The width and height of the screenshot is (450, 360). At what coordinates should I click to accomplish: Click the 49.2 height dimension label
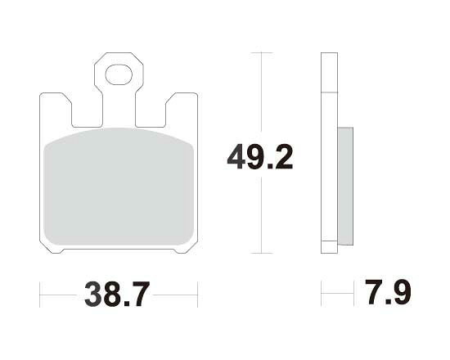tap(260, 157)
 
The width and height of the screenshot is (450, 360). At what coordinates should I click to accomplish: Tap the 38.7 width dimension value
tap(117, 295)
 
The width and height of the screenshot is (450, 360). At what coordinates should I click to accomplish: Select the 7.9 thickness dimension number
tap(388, 291)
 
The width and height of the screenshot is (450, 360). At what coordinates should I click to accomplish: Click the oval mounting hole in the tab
tap(119, 75)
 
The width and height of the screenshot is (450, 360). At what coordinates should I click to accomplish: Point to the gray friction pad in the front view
tap(119, 187)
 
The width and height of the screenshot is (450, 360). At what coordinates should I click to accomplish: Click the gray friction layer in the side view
tap(345, 186)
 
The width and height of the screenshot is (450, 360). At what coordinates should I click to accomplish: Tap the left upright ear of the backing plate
tap(56, 109)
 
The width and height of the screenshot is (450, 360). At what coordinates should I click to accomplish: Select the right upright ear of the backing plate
tap(182, 109)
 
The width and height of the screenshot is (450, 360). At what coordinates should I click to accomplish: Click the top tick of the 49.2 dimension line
tap(261, 53)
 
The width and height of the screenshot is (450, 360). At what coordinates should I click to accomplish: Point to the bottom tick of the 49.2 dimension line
tap(261, 253)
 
